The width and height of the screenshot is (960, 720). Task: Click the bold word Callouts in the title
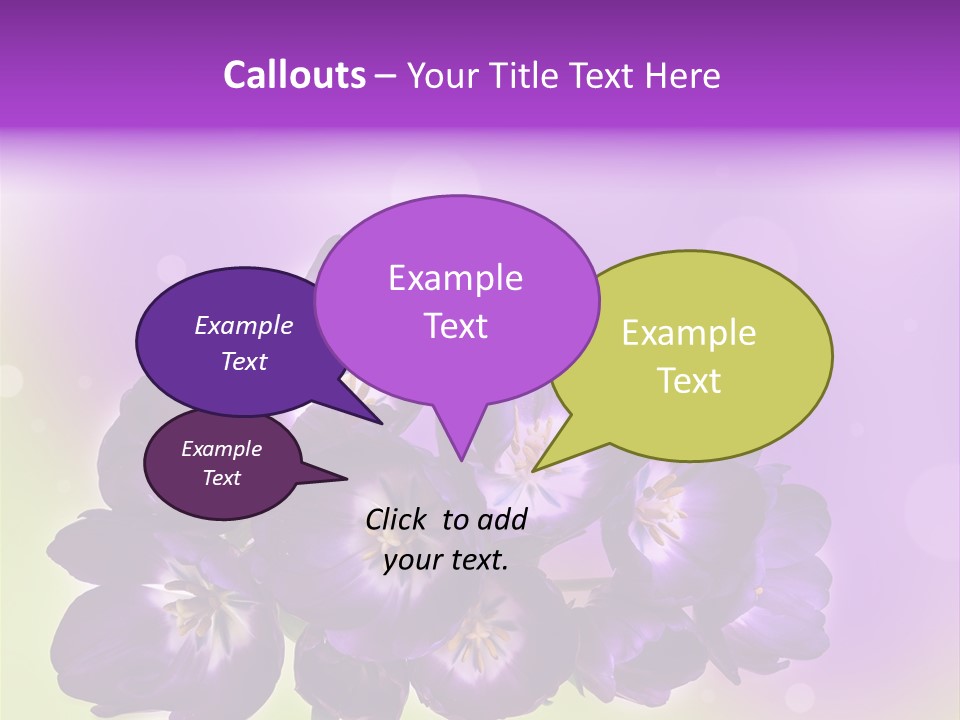pyautogui.click(x=294, y=75)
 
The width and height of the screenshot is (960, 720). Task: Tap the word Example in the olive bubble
pyautogui.click(x=689, y=333)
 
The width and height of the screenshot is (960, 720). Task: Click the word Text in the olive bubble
pyautogui.click(x=689, y=381)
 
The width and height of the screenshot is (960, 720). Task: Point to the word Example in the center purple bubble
pyautogui.click(x=455, y=278)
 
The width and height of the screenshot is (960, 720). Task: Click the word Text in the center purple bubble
pyautogui.click(x=455, y=326)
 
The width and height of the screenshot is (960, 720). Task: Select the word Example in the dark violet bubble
pyautogui.click(x=243, y=325)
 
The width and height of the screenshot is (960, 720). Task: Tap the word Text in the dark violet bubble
pyautogui.click(x=243, y=361)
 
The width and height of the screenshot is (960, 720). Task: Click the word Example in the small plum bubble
pyautogui.click(x=221, y=449)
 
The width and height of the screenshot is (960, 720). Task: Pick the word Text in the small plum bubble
pyautogui.click(x=221, y=478)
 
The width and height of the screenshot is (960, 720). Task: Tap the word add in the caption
pyautogui.click(x=502, y=518)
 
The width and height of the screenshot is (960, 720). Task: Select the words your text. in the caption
pyautogui.click(x=446, y=560)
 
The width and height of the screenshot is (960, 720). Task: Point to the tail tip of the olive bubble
pyautogui.click(x=532, y=471)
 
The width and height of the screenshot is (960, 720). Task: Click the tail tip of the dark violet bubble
pyautogui.click(x=383, y=424)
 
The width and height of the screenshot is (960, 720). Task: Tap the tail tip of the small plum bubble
pyautogui.click(x=347, y=478)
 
